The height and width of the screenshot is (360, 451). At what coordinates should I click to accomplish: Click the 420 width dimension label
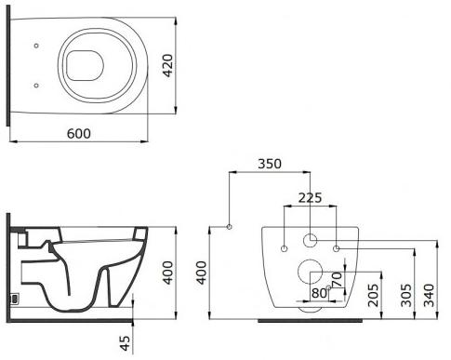(167, 65)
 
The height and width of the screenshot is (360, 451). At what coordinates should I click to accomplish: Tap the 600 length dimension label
(79, 134)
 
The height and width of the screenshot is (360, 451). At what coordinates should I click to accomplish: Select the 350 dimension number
(270, 164)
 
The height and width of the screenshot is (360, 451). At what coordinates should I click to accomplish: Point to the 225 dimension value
(311, 197)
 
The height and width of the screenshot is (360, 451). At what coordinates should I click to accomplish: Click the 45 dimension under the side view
(126, 343)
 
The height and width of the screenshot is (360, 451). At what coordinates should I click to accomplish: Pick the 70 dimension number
(337, 279)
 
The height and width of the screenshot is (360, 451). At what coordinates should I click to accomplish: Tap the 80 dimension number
(319, 293)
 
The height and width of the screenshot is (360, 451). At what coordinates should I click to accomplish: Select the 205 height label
(373, 295)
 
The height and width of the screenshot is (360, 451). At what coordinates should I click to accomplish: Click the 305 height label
(406, 295)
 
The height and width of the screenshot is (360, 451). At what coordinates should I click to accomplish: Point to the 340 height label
(430, 295)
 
